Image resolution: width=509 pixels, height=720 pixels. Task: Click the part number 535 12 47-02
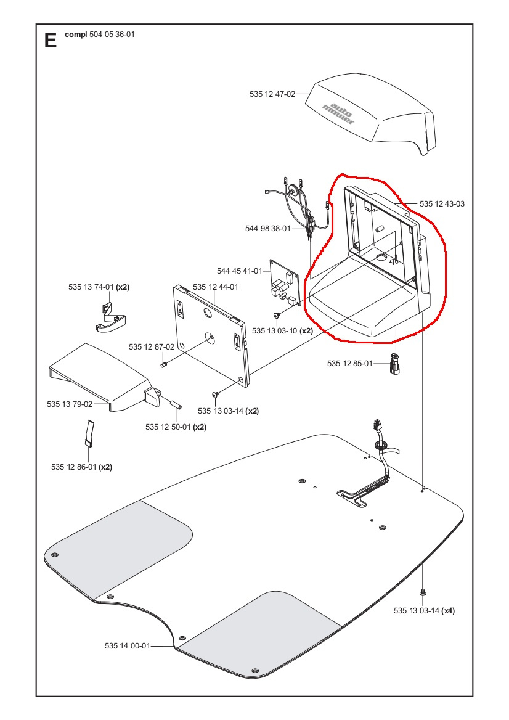pos(272,94)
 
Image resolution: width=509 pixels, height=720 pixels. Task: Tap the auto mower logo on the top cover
pos(339,112)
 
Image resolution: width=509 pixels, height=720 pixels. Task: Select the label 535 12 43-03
pos(442,203)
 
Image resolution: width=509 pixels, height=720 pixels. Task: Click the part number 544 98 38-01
pos(267,229)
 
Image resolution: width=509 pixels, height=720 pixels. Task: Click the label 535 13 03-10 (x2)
pos(282,330)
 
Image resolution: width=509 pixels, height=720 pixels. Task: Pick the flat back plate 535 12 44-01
pos(213,336)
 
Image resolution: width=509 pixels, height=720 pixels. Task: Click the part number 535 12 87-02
pos(152,347)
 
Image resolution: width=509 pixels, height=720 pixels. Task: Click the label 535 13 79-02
pos(70,404)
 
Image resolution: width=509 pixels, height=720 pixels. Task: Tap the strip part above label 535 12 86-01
pos(88,433)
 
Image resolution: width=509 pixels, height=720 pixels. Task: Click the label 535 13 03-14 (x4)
pos(424,611)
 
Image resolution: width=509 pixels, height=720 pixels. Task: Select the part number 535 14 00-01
pos(128,645)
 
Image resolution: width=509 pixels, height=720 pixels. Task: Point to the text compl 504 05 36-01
pos(99,35)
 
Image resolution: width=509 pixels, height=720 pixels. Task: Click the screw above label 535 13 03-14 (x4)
pos(423,592)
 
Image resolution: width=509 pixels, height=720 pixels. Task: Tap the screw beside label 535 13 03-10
pos(277,315)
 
